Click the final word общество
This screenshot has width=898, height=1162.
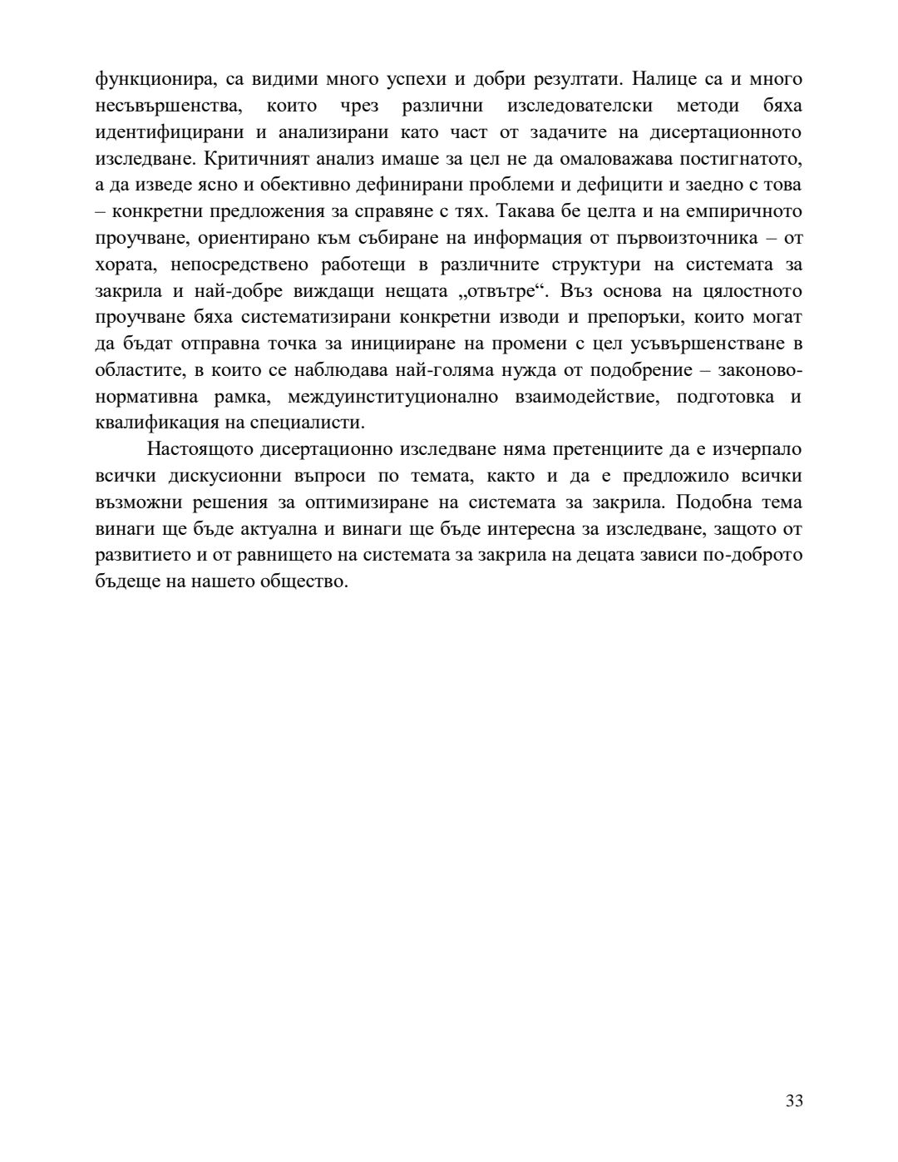pos(306,581)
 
